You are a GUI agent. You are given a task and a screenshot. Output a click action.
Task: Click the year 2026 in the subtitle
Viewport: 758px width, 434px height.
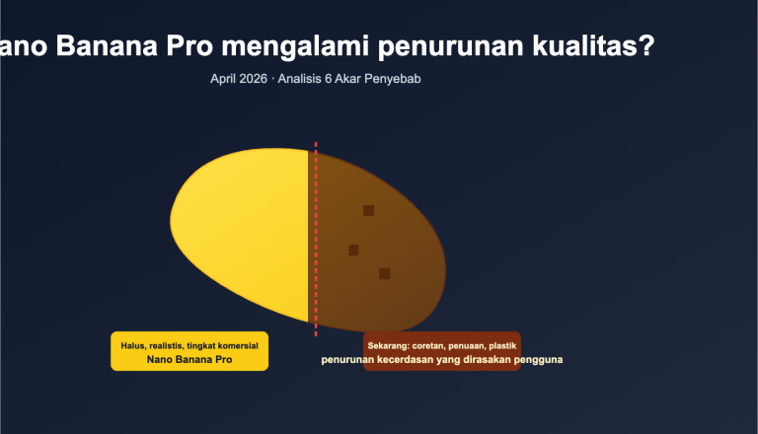(x=254, y=78)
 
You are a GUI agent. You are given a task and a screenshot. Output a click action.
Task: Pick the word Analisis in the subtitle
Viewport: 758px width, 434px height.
(x=305, y=78)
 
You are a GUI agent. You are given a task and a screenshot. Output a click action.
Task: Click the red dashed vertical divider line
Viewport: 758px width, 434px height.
(x=316, y=237)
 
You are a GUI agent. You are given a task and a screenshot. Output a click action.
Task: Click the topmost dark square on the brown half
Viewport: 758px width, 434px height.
(x=368, y=210)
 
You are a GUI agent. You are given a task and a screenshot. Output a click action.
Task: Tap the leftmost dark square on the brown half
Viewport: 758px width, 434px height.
(x=353, y=250)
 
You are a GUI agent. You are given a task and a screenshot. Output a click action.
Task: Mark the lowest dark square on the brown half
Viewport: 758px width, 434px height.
(x=384, y=273)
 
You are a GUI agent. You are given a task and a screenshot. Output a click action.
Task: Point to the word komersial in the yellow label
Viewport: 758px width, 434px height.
(x=237, y=345)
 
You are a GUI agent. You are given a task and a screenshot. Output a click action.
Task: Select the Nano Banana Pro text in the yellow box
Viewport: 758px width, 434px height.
(x=189, y=360)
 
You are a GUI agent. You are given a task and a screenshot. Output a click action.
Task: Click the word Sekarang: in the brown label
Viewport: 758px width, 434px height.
(x=390, y=345)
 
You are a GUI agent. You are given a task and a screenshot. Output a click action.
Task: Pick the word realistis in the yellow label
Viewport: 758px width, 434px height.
(x=165, y=345)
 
